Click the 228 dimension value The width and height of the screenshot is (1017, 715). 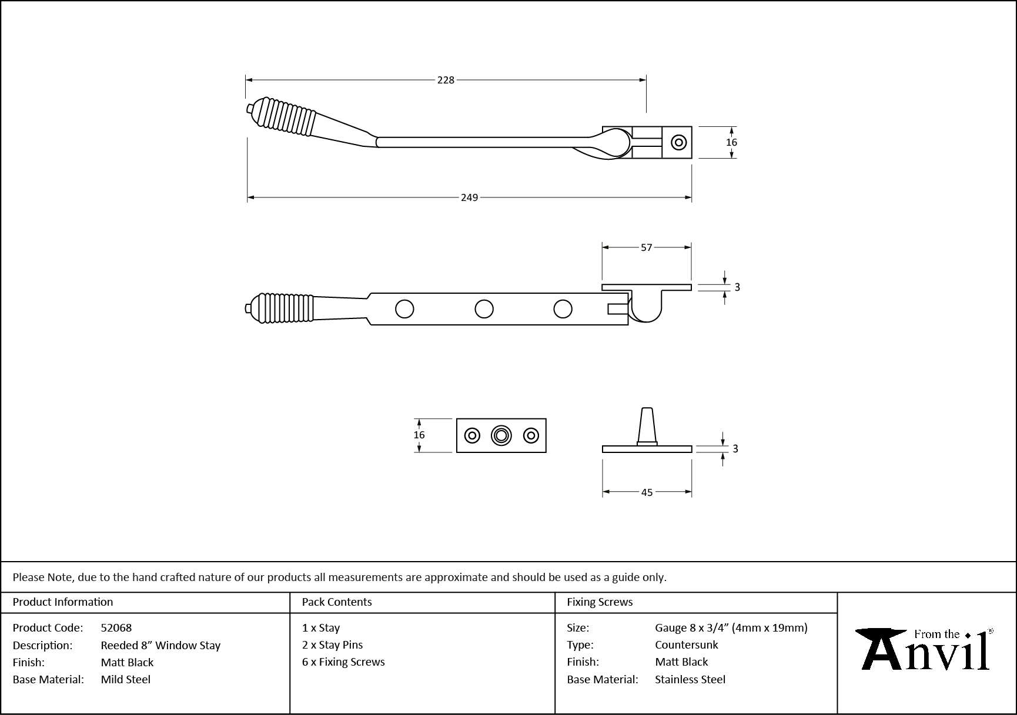[x=446, y=80]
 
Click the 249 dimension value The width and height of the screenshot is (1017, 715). [x=469, y=198]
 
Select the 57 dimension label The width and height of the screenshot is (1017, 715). [x=646, y=248]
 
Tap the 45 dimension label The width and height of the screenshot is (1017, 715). [x=647, y=492]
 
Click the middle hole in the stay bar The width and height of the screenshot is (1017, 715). [x=484, y=308]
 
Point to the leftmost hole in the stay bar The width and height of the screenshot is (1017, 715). [x=404, y=308]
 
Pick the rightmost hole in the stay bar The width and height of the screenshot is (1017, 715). [x=563, y=308]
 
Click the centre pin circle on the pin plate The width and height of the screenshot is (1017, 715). [x=501, y=435]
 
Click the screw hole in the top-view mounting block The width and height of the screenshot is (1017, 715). [x=679, y=142]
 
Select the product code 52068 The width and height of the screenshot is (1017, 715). [x=116, y=628]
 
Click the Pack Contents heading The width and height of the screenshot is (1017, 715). [x=337, y=602]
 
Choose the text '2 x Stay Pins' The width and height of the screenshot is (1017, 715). [x=332, y=645]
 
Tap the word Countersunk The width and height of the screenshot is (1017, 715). [x=687, y=645]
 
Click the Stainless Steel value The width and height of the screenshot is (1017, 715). [x=690, y=680]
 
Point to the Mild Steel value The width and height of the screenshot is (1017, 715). [x=126, y=680]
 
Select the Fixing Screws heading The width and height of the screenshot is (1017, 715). [x=600, y=602]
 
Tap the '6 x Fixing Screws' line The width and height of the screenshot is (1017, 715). [x=343, y=662]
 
